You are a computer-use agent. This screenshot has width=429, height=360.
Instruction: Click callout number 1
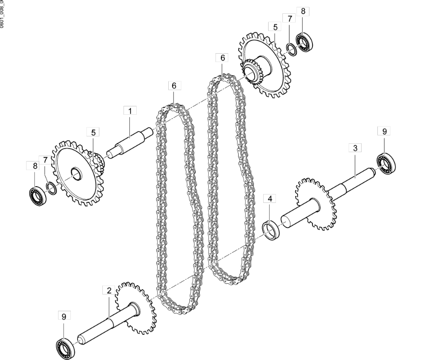click(130, 111)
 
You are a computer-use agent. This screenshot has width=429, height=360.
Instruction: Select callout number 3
click(354, 148)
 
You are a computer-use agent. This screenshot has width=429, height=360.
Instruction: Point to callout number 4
click(269, 199)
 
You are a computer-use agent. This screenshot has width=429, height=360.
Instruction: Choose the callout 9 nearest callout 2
click(63, 316)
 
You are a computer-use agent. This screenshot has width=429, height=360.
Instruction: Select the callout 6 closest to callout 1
click(173, 85)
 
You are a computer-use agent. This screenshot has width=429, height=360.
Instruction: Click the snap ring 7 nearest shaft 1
click(50, 188)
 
